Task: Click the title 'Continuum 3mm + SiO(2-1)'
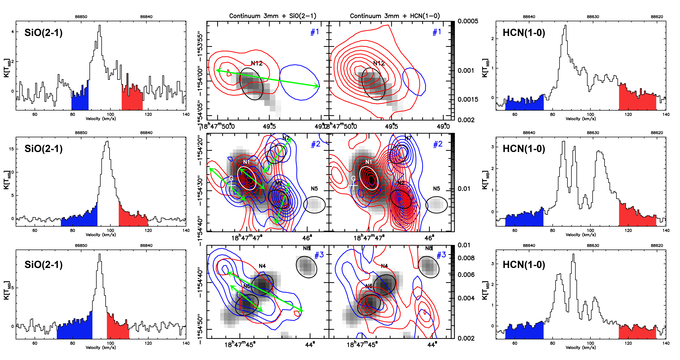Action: click(x=272, y=16)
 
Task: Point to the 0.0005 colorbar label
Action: click(x=468, y=21)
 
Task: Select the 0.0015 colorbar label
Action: click(x=468, y=100)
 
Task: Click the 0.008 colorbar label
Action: click(x=466, y=258)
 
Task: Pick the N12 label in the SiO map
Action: click(x=257, y=63)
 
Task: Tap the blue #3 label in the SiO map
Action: click(x=319, y=255)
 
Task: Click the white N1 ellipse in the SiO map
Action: click(x=247, y=178)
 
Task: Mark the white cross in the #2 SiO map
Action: click(x=232, y=186)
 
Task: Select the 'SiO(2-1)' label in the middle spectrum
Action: click(x=44, y=149)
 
